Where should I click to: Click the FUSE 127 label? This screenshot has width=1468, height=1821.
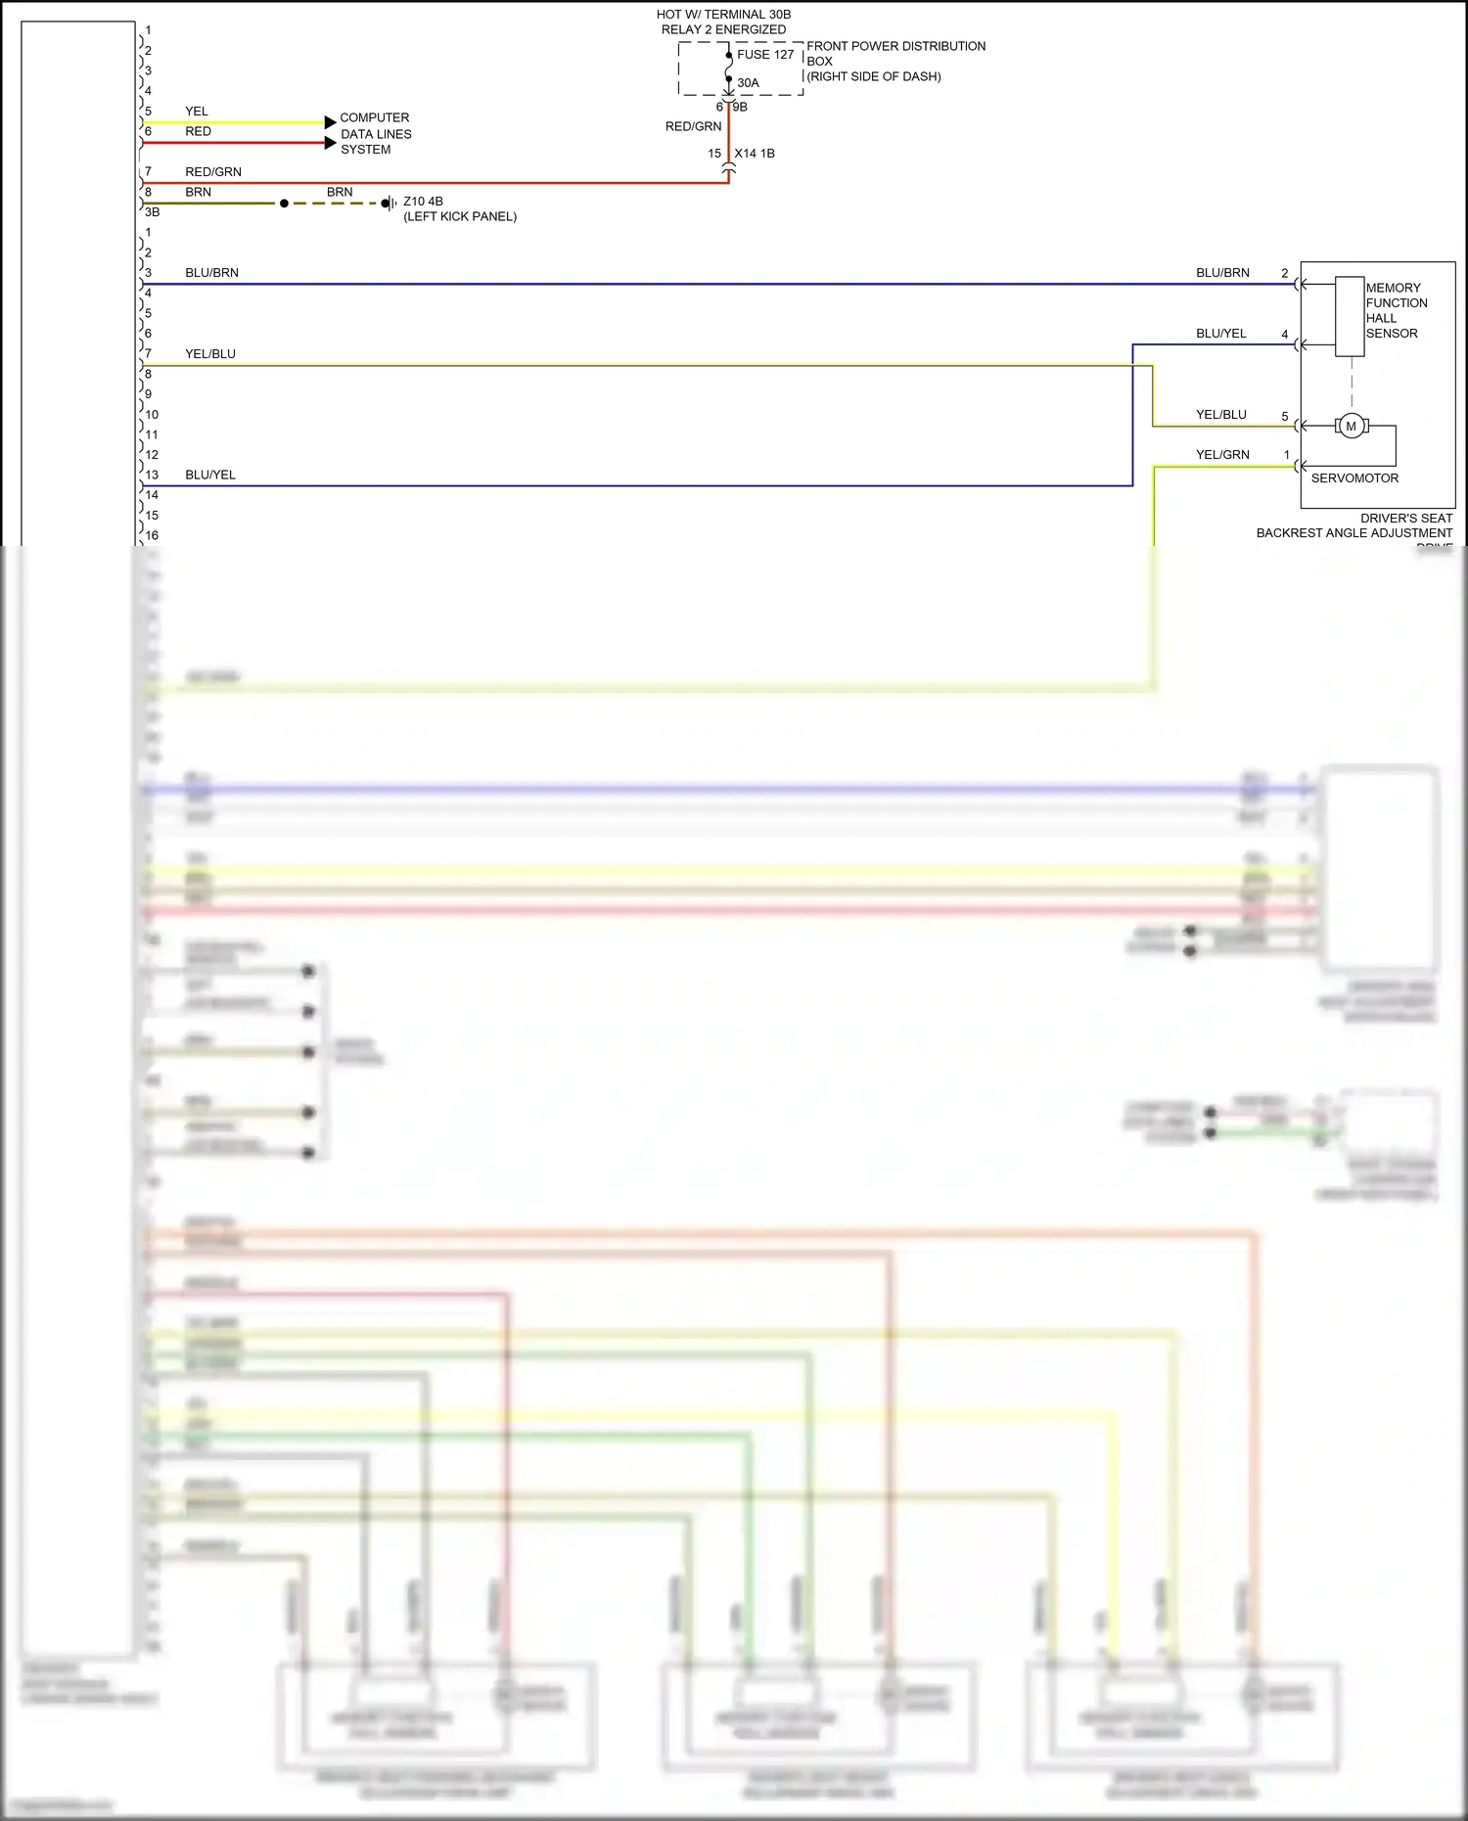(x=764, y=55)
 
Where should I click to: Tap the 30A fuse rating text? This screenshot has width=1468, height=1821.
(x=748, y=83)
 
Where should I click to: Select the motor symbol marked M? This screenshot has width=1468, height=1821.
(x=1352, y=427)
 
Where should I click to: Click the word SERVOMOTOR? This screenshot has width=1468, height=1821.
(x=1354, y=478)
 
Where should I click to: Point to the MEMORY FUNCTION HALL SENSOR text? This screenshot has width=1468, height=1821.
(x=1396, y=310)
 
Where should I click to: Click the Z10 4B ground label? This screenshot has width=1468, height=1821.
(x=423, y=202)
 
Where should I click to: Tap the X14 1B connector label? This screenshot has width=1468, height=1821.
(x=755, y=154)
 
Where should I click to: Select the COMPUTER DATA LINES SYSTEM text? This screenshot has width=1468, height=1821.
(x=376, y=133)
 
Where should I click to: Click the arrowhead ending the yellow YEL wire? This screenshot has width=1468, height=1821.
(x=331, y=122)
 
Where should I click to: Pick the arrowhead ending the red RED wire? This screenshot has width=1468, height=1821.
(x=331, y=143)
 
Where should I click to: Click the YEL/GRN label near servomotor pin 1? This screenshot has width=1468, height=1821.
(x=1222, y=455)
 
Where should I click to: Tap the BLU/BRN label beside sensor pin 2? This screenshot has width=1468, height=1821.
(x=1222, y=273)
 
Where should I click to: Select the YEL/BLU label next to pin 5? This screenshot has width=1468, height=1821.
(x=1221, y=415)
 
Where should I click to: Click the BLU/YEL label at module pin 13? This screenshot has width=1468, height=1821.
(x=210, y=476)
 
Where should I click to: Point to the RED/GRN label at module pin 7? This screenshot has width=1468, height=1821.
(x=213, y=172)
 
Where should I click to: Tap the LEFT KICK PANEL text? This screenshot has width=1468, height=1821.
(x=460, y=217)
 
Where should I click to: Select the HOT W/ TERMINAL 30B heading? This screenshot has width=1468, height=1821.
(x=723, y=15)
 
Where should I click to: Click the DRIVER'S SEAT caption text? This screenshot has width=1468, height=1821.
(x=1406, y=519)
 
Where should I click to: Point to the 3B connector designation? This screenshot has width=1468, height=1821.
(x=152, y=212)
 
